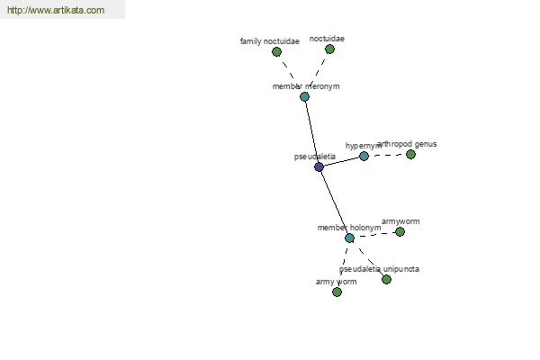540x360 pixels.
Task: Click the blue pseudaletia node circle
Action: coord(319,167)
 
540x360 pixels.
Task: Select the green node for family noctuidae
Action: coord(276,51)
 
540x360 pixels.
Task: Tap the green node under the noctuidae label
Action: coord(329,49)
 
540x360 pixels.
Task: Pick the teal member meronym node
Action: coord(304,96)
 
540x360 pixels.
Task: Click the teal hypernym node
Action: coord(364,156)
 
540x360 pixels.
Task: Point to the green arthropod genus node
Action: coord(410,154)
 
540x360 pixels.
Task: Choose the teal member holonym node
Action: coord(349,238)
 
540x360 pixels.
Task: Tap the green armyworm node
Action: coord(400,231)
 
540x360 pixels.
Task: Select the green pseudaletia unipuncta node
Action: coord(386,279)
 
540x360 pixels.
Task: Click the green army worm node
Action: coord(337,292)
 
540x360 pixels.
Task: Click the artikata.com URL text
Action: coord(56,10)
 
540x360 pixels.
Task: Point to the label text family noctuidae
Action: coord(270,41)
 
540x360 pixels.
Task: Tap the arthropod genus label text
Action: coord(407,144)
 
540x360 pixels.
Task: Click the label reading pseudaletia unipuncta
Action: coord(379,269)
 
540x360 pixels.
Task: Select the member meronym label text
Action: coord(306,86)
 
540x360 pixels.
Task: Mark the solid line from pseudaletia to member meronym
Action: coord(311,132)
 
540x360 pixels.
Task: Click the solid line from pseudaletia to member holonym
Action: coord(334,202)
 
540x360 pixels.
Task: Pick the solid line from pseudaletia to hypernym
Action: coord(341,162)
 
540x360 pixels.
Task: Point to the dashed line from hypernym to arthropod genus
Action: coord(387,155)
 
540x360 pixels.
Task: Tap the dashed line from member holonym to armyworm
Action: coord(374,235)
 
